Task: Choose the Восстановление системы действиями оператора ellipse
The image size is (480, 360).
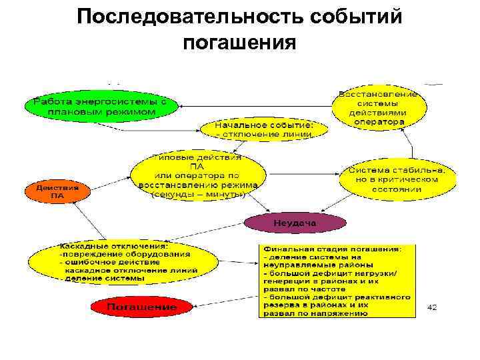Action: [379, 108]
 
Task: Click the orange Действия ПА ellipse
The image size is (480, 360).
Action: [57, 192]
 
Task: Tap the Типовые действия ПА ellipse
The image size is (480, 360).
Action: [197, 176]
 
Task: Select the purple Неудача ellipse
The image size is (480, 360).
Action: [295, 221]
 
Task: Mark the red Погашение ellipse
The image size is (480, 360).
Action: [142, 307]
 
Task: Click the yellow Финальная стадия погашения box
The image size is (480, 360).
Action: [336, 281]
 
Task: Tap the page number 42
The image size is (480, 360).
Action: [432, 307]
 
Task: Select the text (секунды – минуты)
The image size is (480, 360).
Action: [198, 195]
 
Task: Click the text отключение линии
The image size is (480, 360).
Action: [264, 133]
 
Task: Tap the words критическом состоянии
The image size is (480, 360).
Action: [398, 184]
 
